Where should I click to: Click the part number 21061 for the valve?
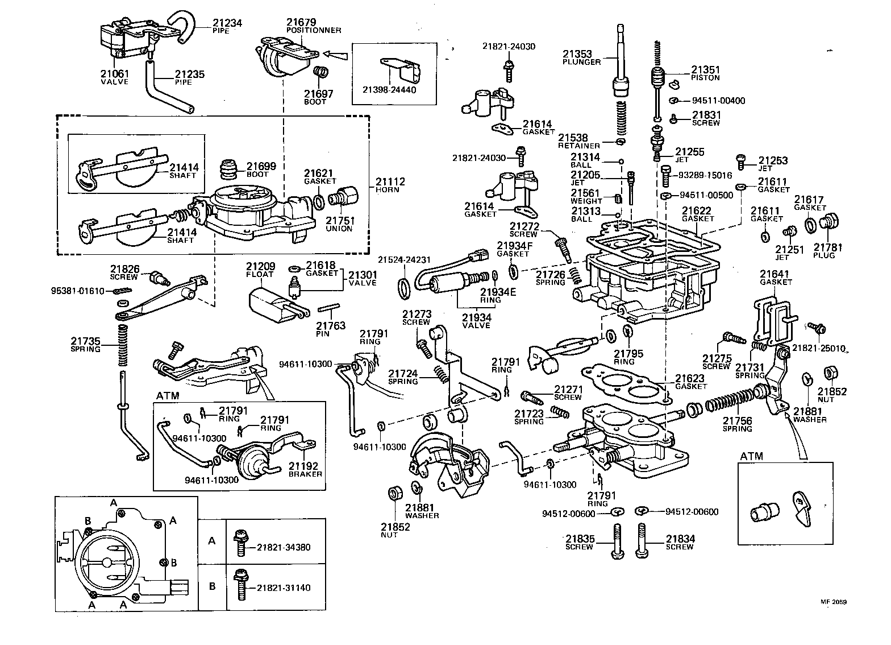click(x=114, y=74)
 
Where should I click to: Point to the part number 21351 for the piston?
click(x=705, y=70)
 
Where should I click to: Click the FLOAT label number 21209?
click(x=260, y=266)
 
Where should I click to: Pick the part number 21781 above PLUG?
click(x=828, y=247)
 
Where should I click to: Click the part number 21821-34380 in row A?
click(x=284, y=547)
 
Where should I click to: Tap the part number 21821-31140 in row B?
click(x=284, y=588)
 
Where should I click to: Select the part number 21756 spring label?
click(x=737, y=421)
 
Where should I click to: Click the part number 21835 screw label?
click(x=578, y=539)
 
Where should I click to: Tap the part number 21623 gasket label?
click(x=690, y=378)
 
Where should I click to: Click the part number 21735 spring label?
click(x=85, y=341)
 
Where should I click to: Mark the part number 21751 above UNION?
click(x=339, y=221)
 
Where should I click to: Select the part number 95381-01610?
click(x=78, y=291)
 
